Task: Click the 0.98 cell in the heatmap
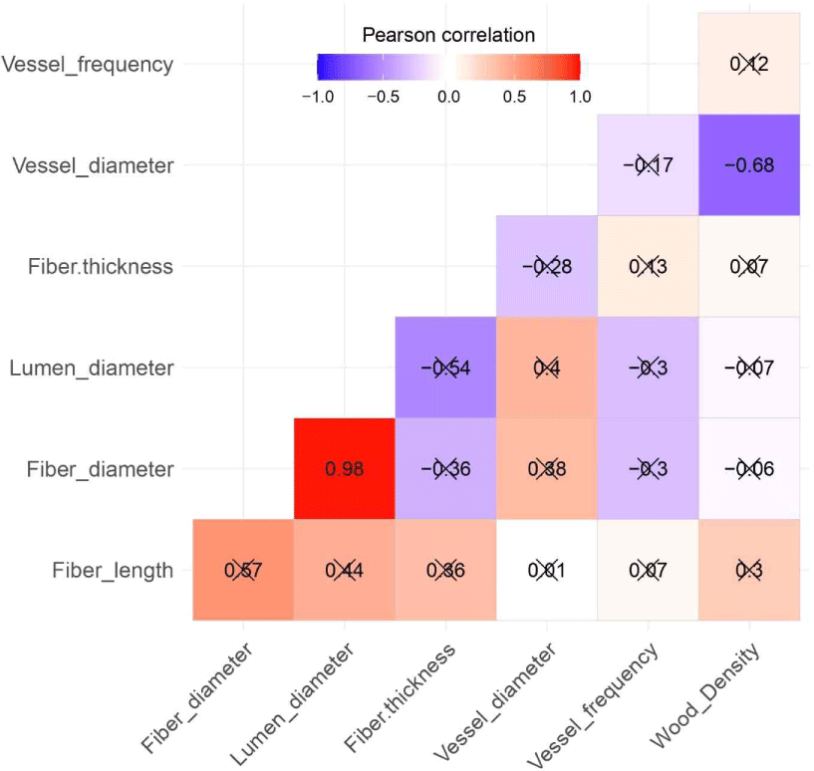tap(344, 469)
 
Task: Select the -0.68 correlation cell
tap(749, 165)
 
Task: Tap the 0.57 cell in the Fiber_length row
tap(243, 571)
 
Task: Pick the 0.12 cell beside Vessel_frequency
tap(749, 64)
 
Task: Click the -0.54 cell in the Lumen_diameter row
tap(445, 368)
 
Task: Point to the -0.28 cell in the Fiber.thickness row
tap(546, 267)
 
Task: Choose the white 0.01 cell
tap(546, 571)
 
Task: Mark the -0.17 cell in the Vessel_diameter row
tap(648, 165)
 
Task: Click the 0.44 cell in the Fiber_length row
tap(344, 571)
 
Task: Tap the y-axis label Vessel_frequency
tap(88, 65)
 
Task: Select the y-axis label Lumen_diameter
tap(92, 369)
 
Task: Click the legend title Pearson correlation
tap(448, 35)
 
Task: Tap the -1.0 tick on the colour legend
tap(317, 97)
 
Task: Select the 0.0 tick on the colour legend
tap(448, 97)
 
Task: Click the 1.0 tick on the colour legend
tap(580, 97)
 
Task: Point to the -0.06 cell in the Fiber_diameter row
tap(749, 469)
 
